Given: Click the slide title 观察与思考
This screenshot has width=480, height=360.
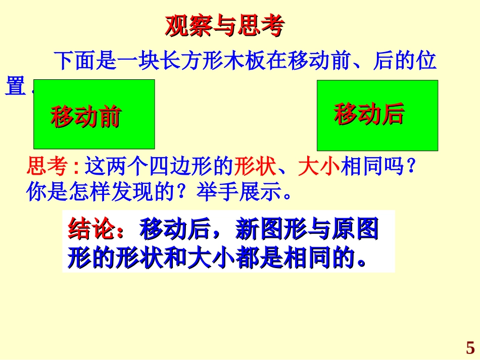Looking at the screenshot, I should coord(224,27).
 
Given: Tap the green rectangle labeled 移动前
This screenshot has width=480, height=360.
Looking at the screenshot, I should coord(94,114).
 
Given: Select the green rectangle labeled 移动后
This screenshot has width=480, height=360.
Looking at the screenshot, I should coord(377,115).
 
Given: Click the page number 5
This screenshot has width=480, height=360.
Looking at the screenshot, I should coord(470,348).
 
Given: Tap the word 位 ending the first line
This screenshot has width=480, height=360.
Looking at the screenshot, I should coord(427,61).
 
